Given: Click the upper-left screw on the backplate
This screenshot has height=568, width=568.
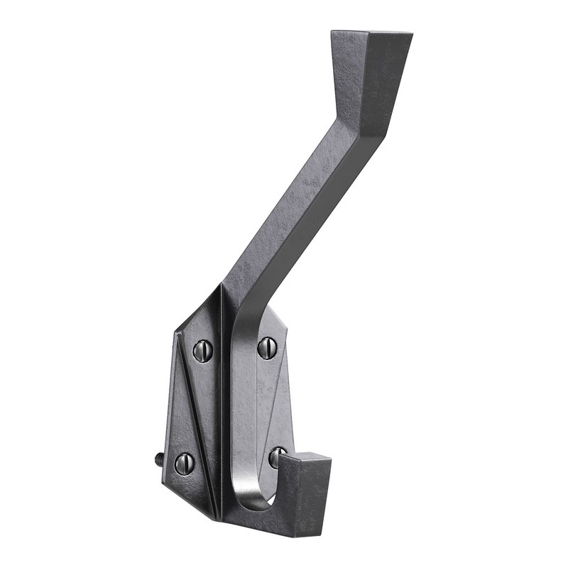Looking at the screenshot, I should pyautogui.click(x=203, y=350).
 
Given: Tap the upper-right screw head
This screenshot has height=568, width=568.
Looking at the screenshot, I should pyautogui.click(x=266, y=347).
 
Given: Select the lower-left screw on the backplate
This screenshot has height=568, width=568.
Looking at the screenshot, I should pyautogui.click(x=184, y=463).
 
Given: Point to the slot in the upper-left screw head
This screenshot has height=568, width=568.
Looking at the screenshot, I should pyautogui.click(x=203, y=350).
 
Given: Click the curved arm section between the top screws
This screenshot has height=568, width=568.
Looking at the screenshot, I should pyautogui.click(x=238, y=334).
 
